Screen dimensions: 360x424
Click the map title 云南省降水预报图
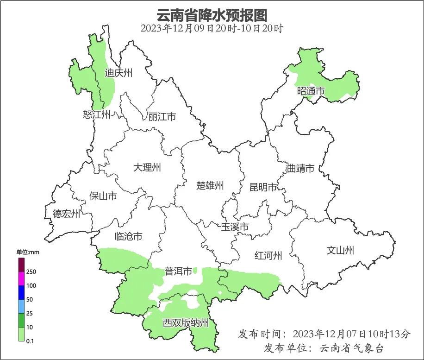click(x=212, y=15)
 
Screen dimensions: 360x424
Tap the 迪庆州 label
click(x=118, y=72)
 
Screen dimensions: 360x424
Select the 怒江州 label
click(x=97, y=114)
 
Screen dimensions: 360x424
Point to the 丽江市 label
click(x=162, y=117)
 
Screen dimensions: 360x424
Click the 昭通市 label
click(x=311, y=91)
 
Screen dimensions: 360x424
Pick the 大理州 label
click(x=147, y=167)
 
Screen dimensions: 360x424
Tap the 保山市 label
click(x=103, y=196)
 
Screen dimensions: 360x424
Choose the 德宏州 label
click(x=66, y=214)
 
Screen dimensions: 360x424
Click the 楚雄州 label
click(x=210, y=186)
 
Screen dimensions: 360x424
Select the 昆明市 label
click(x=263, y=187)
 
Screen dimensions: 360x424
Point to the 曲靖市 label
click(x=300, y=168)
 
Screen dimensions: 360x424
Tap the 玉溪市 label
click(x=235, y=227)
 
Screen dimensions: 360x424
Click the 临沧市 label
click(x=128, y=236)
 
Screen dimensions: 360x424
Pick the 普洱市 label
click(x=178, y=272)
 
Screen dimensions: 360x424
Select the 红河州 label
click(x=268, y=255)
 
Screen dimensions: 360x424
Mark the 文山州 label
click(x=340, y=251)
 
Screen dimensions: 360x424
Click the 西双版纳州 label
click(x=186, y=323)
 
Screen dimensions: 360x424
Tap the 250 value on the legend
click(x=31, y=272)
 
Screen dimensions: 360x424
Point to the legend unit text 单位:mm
click(x=28, y=252)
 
